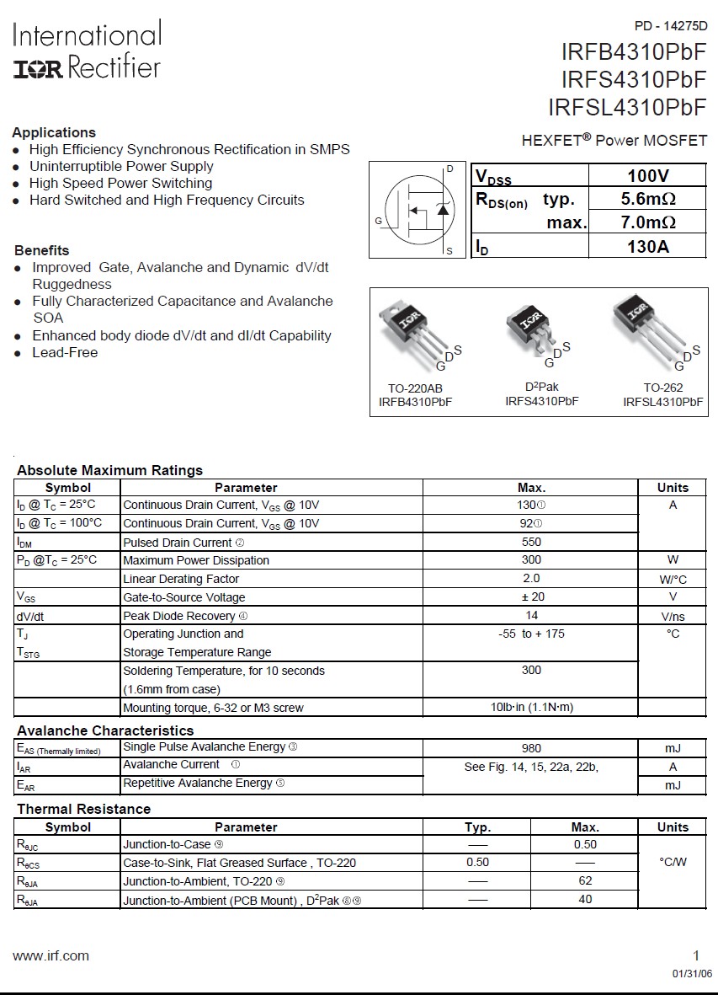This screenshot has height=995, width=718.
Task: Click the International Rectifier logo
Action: coord(87,51)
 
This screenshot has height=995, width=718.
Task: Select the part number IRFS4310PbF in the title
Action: coord(634,80)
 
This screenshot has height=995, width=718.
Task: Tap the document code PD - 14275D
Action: coord(670,26)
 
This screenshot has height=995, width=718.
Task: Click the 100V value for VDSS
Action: coord(647,176)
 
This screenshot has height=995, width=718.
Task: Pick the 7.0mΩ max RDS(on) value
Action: coord(647,222)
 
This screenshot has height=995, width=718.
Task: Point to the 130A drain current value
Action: coord(647,247)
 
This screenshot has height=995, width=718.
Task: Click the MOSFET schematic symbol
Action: coord(418,210)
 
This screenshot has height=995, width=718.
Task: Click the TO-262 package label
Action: coord(662,388)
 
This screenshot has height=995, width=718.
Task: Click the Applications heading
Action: coord(54,132)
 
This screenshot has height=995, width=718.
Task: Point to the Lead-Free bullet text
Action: coord(65,352)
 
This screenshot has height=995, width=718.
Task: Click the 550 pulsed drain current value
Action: coord(531,542)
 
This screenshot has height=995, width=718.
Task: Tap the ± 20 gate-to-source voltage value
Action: coord(531,596)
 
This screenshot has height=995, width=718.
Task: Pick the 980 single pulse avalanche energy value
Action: coord(531,747)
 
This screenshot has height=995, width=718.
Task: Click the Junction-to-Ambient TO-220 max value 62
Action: coord(585,880)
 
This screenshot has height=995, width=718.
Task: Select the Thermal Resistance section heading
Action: coord(83,809)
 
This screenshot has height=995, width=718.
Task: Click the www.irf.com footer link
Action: coord(51,955)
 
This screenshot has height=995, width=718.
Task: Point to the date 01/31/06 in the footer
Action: coord(691,973)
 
